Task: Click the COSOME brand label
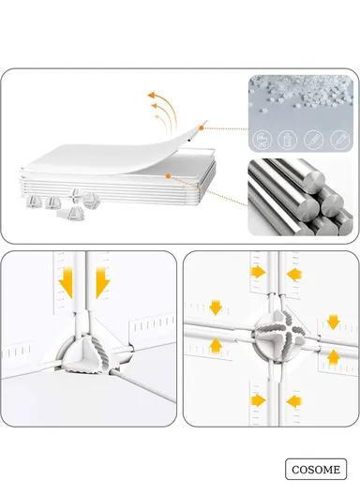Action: click(x=316, y=469)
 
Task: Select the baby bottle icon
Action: click(x=287, y=139)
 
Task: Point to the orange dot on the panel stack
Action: click(x=167, y=176)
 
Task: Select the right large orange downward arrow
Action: click(x=103, y=282)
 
